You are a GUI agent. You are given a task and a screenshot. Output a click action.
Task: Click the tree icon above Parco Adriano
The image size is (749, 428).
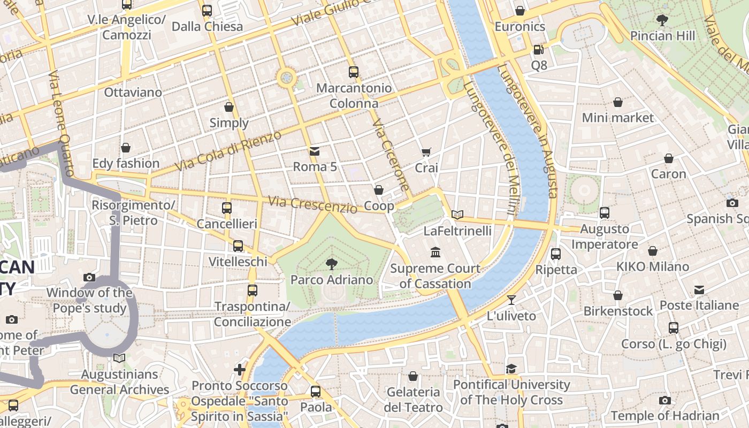[331, 263]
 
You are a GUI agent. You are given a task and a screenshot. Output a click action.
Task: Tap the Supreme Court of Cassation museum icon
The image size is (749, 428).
[435, 252]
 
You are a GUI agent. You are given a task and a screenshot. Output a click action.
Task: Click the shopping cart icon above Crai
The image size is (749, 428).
[426, 152]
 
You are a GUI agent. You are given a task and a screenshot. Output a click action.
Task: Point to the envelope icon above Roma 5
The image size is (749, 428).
[315, 151]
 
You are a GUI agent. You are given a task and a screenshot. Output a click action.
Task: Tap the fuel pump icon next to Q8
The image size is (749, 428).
[538, 50]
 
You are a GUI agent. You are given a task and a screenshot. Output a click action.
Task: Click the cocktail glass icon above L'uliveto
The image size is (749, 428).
[511, 300]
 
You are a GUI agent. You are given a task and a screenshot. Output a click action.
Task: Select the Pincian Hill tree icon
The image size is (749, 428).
[662, 20]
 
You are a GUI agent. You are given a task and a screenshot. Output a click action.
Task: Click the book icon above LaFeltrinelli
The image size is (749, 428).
[457, 215]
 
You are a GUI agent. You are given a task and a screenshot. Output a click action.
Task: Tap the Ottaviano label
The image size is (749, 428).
[133, 93]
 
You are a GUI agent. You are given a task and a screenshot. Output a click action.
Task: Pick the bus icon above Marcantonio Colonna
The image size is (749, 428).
[353, 72]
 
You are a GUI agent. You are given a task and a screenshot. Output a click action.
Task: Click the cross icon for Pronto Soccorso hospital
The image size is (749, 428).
[240, 369]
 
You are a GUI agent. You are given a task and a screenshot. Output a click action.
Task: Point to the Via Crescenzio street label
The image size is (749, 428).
[312, 204]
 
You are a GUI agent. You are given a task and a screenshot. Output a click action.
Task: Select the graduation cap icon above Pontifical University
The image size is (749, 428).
[511, 369]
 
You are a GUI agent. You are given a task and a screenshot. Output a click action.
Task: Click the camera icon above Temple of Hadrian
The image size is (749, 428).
[664, 400]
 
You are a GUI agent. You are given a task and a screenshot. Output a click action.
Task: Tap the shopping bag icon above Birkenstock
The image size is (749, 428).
[618, 295]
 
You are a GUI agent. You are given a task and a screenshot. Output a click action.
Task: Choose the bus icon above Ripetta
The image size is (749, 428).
[556, 254]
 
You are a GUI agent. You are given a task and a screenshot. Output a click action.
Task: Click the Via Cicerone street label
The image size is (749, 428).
[391, 156]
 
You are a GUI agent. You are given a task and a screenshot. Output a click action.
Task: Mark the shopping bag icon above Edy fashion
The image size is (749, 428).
[126, 148]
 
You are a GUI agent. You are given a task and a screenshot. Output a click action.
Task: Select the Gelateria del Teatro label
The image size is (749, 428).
[413, 399]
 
